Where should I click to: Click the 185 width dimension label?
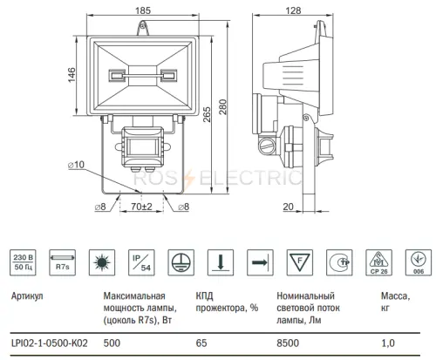(143, 10)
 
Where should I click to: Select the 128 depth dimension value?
(293, 10)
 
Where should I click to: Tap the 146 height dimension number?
(72, 75)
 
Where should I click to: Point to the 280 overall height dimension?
(222, 107)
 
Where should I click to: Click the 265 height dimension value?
(207, 114)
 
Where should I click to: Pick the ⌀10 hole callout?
(76, 165)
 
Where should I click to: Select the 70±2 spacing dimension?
(141, 207)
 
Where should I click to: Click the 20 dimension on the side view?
(288, 207)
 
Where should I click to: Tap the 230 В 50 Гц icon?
(23, 262)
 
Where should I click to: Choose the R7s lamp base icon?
(63, 262)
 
